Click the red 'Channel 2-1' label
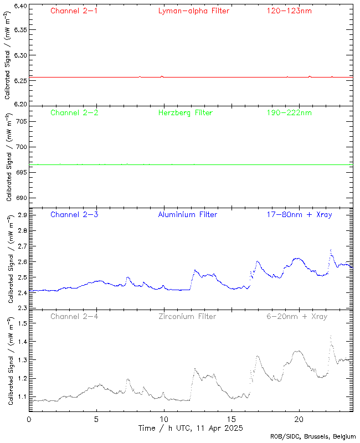coord(74,11)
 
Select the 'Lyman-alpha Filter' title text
coord(193,11)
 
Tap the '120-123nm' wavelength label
coord(289,11)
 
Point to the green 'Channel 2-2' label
coord(74,112)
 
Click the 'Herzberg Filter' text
coord(185,112)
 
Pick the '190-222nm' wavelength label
coord(289,112)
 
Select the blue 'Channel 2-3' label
coord(74,214)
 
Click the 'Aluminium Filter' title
coord(187,214)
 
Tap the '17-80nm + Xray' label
coord(299,214)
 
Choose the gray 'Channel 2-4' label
coord(74,316)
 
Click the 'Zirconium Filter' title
coord(187,316)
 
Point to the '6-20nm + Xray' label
coord(297,316)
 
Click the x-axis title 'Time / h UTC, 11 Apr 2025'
coord(191,428)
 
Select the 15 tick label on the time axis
coord(231,419)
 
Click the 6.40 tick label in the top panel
coord(19,6)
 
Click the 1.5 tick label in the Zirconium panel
coord(23,323)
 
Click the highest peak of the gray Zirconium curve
coord(331,335)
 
